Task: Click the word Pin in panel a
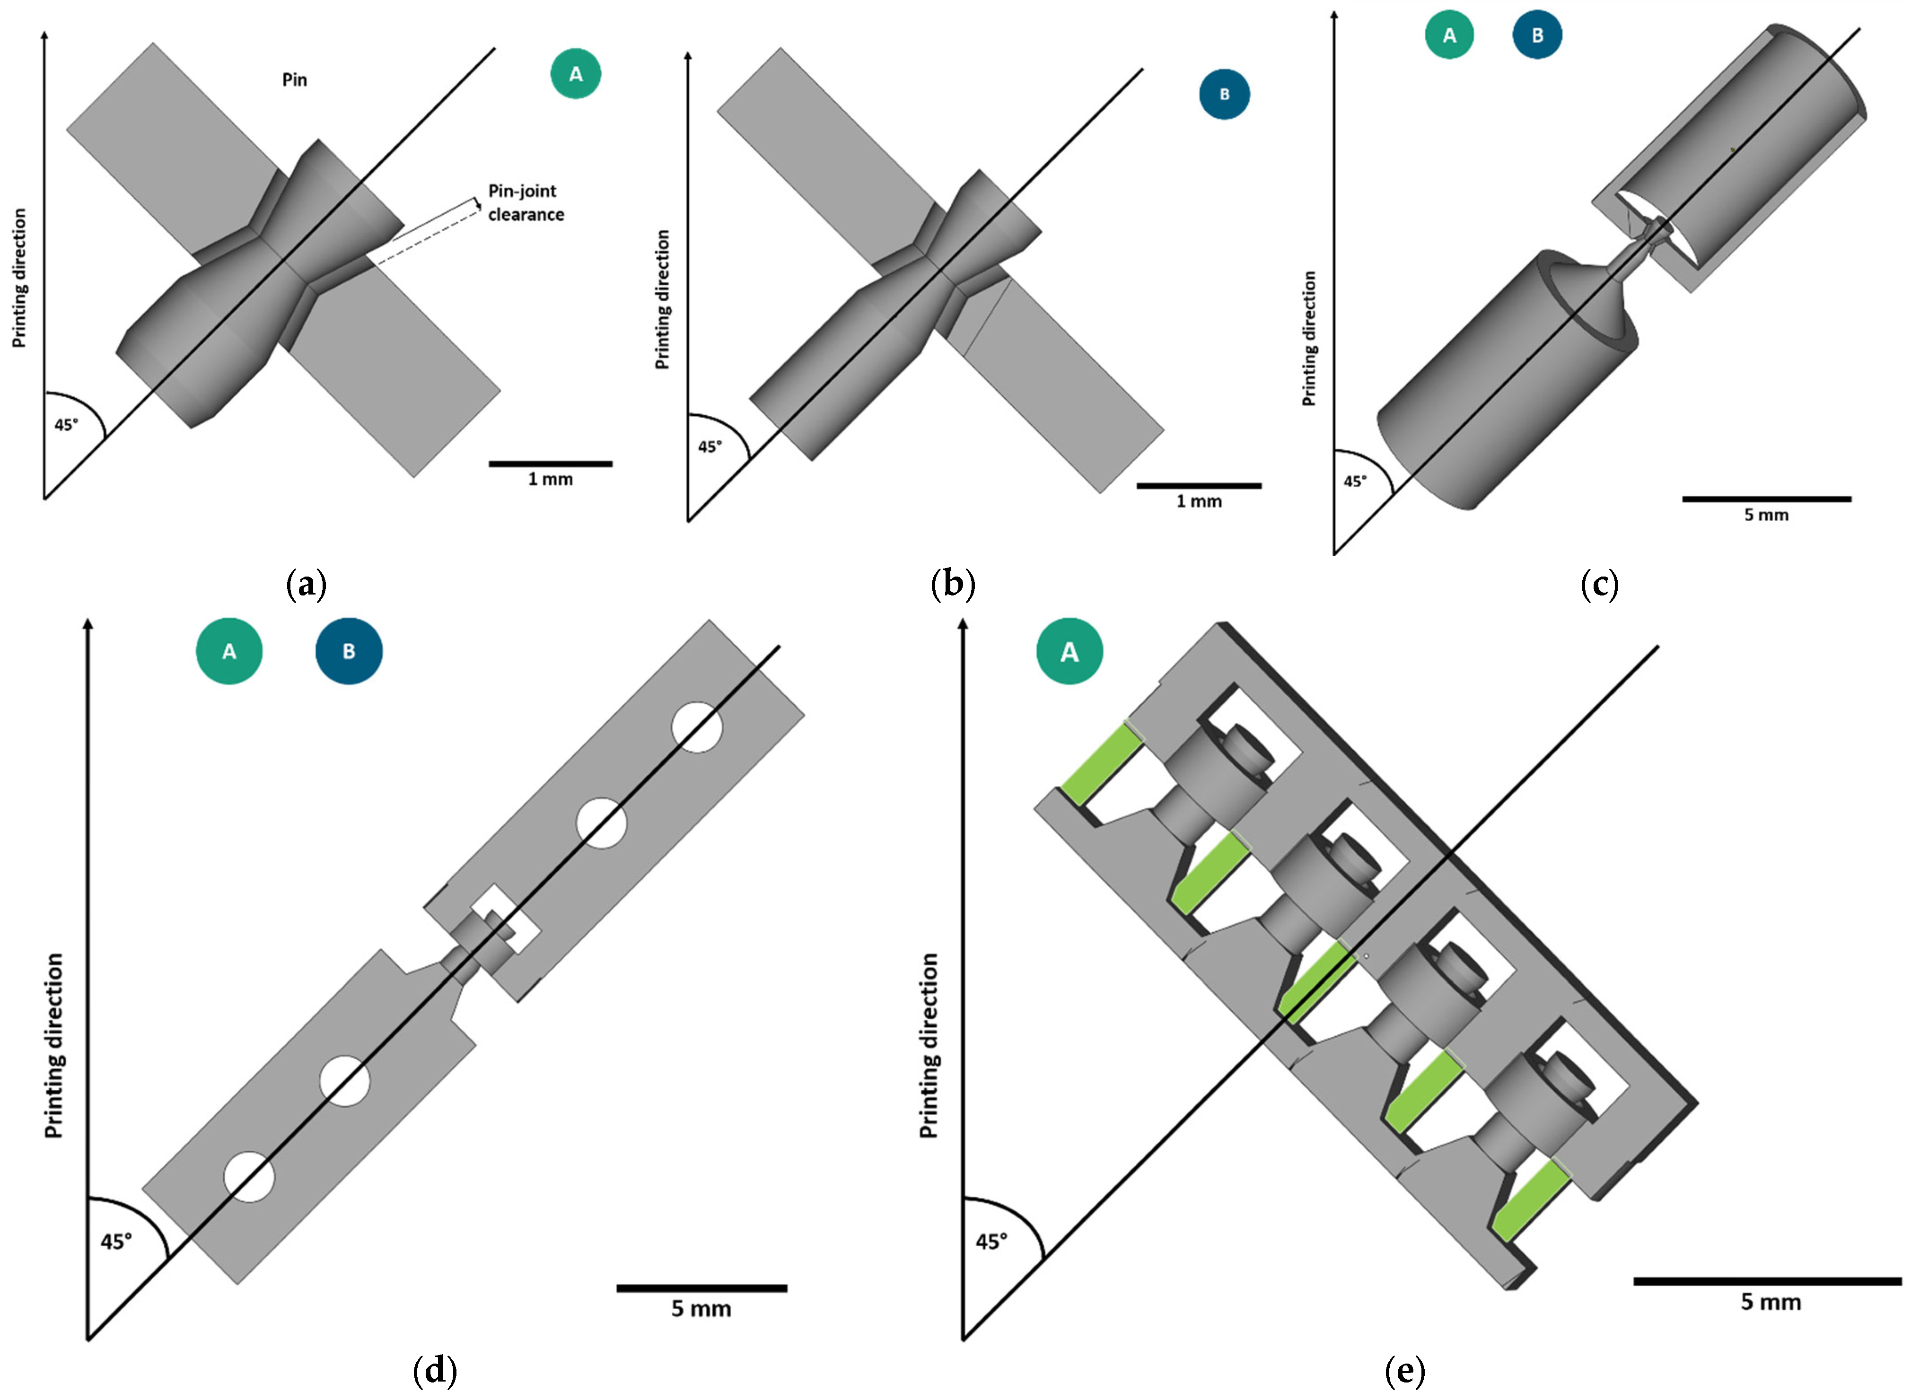(294, 79)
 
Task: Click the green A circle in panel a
(575, 75)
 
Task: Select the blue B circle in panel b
(1224, 94)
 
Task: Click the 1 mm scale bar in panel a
(550, 464)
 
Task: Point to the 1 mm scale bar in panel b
(1198, 486)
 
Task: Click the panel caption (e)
(1403, 1370)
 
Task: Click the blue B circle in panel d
(348, 651)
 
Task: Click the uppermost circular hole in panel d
(697, 727)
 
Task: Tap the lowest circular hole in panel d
(249, 1176)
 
